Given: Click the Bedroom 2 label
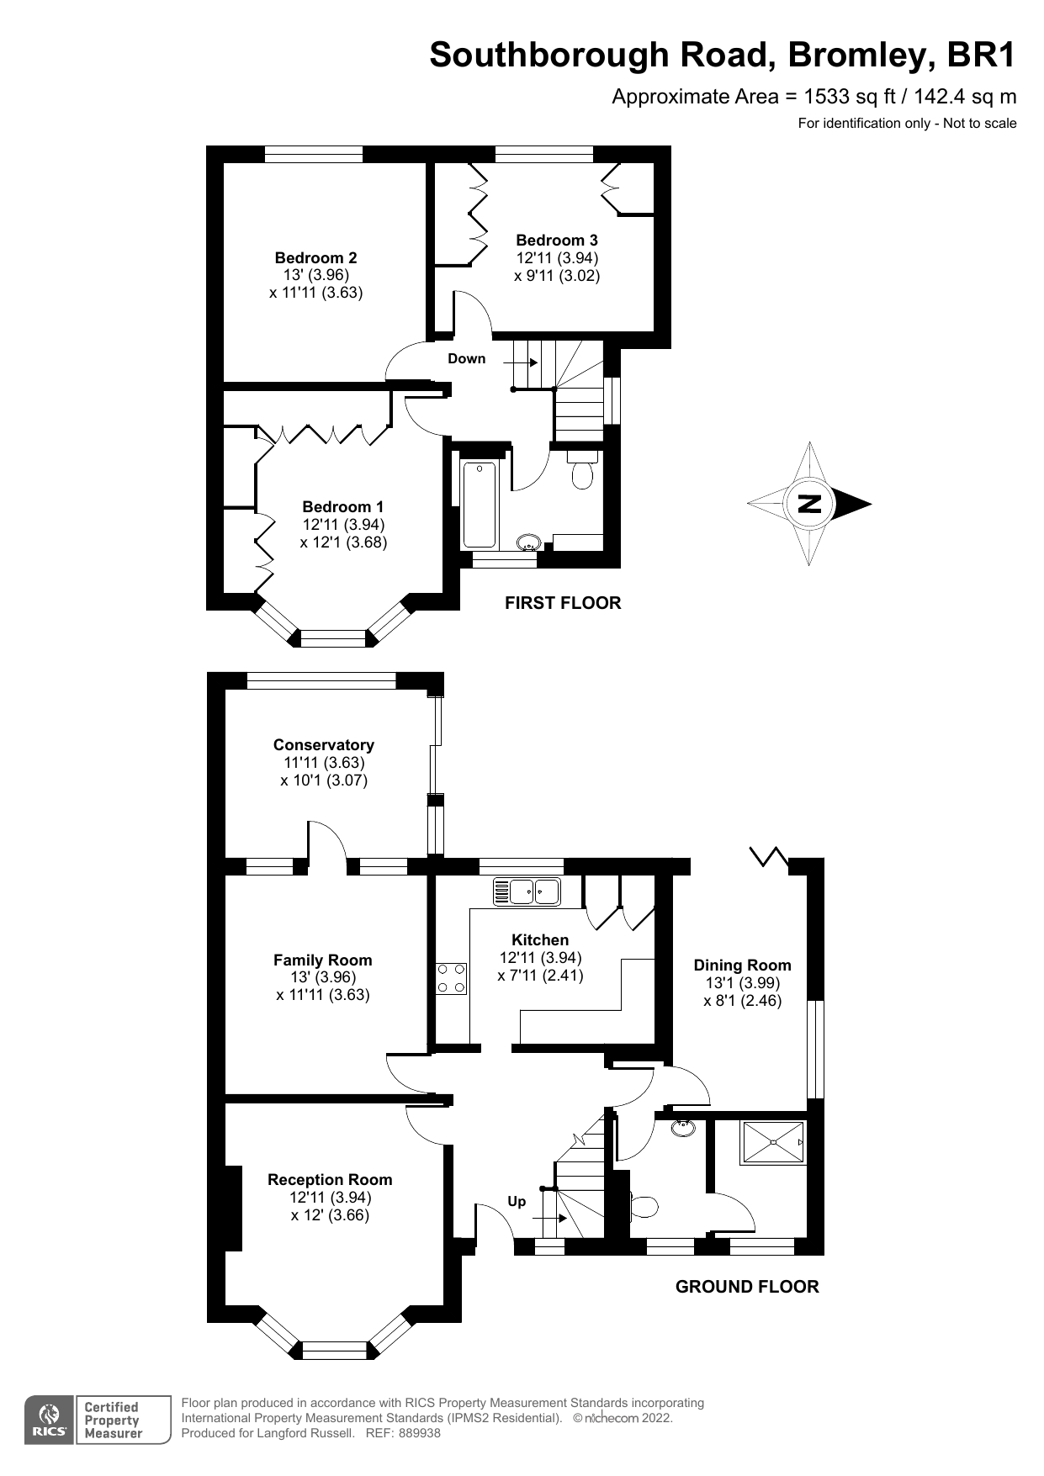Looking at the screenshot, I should coord(315,257).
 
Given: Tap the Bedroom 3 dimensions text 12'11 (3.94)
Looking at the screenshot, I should coord(557,258).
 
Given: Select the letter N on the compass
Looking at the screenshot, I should coord(809,505).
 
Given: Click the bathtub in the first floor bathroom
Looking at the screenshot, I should coord(480,504).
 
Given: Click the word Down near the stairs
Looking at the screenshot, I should coord(466,358).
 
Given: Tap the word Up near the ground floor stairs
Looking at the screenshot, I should coord(517,1201).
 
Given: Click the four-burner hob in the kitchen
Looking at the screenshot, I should coord(451,978).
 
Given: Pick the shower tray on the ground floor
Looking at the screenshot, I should coord(772,1142).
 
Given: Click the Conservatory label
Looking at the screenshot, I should coord(323,744).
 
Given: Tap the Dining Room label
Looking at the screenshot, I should coord(742,965).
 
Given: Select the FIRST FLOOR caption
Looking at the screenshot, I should coord(562,602).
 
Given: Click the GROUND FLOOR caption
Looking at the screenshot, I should coord(746,1286).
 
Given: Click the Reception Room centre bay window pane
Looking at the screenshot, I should coord(334,1350).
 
